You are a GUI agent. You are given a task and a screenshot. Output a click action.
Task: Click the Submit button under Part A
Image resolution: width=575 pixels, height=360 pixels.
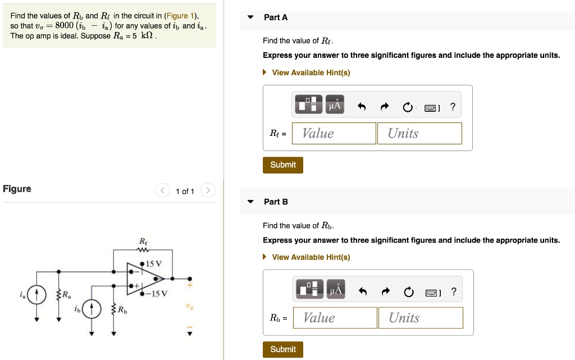[282, 165]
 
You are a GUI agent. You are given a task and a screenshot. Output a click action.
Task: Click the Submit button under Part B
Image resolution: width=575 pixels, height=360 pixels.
[282, 349]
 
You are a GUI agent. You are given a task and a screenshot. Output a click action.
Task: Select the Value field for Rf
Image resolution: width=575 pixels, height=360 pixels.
[334, 133]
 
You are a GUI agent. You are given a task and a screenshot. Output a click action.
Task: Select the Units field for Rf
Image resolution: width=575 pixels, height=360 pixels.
[419, 133]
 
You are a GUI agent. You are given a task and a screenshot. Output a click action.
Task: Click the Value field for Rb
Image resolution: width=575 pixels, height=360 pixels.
[335, 318]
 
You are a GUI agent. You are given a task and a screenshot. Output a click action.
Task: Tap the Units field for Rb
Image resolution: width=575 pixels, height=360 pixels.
[421, 318]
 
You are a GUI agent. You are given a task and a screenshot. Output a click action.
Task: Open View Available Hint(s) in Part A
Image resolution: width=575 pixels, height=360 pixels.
[311, 72]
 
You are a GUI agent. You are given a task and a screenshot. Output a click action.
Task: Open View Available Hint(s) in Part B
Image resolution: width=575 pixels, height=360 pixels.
[311, 257]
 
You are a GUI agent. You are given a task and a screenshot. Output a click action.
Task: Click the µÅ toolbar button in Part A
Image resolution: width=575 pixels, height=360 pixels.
[335, 104]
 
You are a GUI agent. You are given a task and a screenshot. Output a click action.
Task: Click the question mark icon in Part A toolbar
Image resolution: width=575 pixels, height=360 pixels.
[453, 107]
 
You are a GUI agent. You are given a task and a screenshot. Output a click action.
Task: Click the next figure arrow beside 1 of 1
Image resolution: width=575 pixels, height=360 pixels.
[208, 191]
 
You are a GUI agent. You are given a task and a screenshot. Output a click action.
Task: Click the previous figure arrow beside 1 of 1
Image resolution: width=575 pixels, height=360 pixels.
[162, 191]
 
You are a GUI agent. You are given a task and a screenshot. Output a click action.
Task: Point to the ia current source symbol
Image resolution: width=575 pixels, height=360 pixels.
[38, 294]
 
